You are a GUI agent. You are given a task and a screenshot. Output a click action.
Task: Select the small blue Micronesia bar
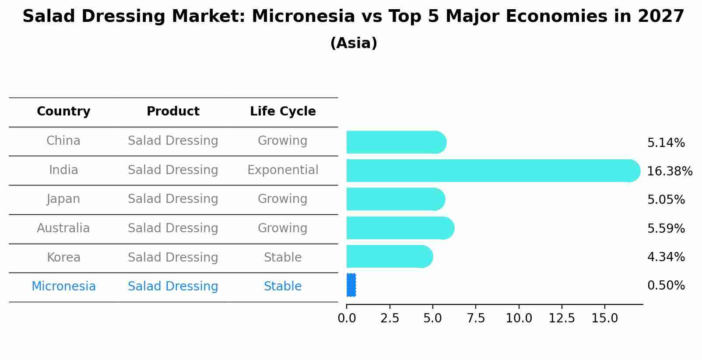point(351,285)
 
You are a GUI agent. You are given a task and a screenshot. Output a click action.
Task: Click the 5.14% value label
point(666,143)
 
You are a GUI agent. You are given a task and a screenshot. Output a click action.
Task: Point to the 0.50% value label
point(666,286)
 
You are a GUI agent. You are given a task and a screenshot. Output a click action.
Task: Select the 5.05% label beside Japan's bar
point(666,200)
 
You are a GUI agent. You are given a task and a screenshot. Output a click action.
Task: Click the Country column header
point(63,112)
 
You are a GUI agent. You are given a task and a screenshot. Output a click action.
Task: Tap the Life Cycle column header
point(283,112)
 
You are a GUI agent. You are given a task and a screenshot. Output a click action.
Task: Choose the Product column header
point(173,112)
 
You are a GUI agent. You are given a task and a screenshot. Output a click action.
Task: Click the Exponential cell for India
point(283,170)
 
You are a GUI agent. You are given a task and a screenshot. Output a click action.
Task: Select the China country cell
point(63,141)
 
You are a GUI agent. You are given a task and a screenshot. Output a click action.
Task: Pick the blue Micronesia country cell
point(63,287)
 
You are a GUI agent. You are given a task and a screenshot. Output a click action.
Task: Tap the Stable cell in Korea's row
point(283,258)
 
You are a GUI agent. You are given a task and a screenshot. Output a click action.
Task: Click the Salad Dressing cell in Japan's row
point(173,199)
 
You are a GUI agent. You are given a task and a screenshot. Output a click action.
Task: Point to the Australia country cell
point(63,228)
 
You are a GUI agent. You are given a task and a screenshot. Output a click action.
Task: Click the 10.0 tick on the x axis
point(519,318)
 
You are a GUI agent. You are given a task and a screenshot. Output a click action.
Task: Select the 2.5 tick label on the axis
point(390,318)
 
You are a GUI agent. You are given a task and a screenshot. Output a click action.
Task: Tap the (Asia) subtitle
point(354,43)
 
